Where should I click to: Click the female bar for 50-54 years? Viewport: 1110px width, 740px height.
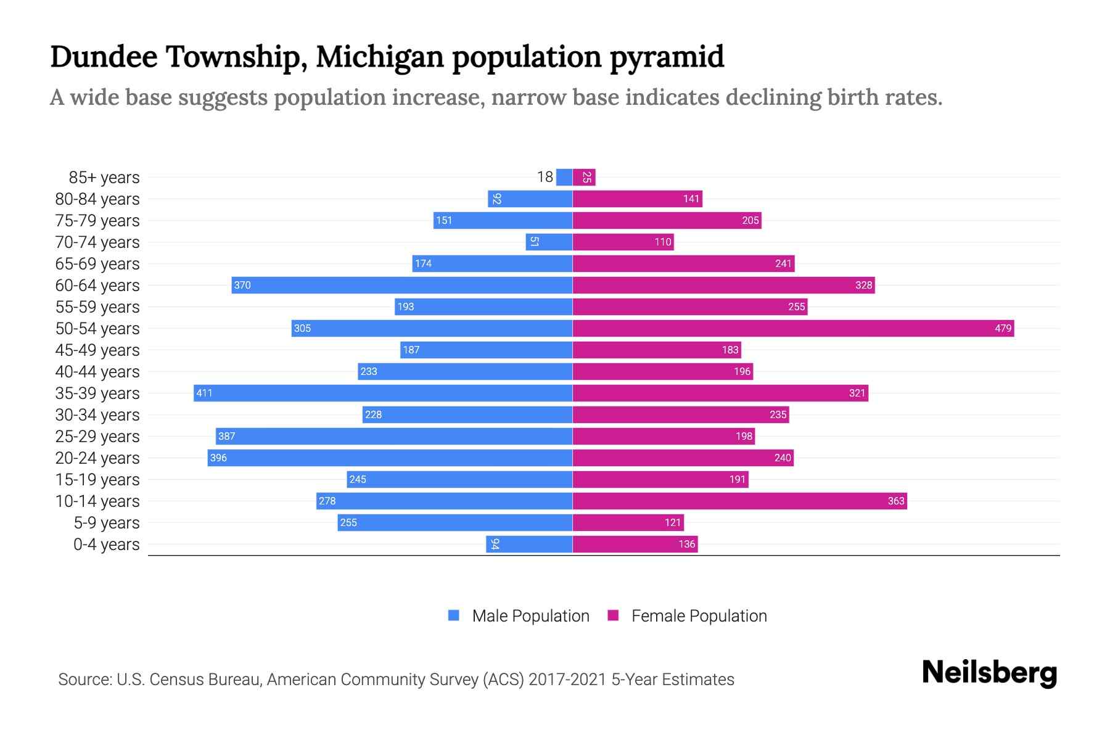point(792,328)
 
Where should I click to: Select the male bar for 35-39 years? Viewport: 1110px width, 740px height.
point(382,393)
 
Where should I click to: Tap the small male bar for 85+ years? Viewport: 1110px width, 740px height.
point(564,177)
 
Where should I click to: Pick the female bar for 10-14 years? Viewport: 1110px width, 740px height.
point(739,501)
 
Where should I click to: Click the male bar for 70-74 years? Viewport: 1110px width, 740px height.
point(549,242)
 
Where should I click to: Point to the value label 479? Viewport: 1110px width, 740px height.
point(1003,328)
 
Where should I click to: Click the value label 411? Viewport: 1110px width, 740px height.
point(204,393)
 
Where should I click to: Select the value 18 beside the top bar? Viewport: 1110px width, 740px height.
point(545,177)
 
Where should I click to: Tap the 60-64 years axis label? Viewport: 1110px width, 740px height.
point(97,286)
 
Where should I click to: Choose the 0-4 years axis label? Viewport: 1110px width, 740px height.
point(106,545)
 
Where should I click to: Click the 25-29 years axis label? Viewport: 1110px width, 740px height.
point(97,437)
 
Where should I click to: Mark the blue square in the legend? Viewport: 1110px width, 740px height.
point(454,615)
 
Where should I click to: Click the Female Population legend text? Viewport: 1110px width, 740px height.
point(699,616)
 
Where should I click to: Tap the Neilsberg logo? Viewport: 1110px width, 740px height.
point(989,673)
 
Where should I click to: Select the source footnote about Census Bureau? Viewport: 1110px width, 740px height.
point(396,680)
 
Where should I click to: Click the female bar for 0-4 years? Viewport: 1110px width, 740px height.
point(635,544)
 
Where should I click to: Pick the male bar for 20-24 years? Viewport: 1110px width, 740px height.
point(390,458)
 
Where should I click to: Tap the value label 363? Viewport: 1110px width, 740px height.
point(895,501)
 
